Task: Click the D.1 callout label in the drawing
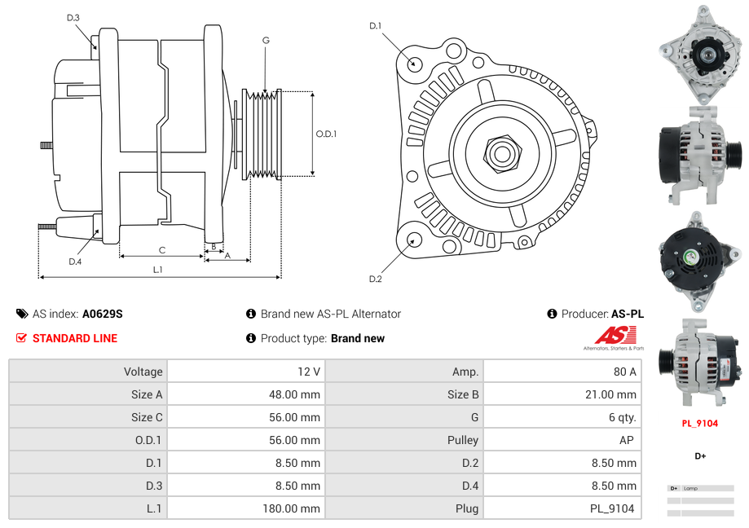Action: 375,26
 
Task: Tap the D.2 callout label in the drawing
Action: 375,279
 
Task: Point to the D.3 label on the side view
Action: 73,17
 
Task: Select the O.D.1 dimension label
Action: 326,134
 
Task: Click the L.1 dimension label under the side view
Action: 158,270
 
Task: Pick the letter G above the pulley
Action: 266,40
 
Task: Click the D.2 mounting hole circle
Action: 413,240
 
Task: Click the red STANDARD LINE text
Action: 75,338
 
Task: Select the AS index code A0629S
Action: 103,314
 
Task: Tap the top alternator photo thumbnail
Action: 700,53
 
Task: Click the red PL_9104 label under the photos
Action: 700,424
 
